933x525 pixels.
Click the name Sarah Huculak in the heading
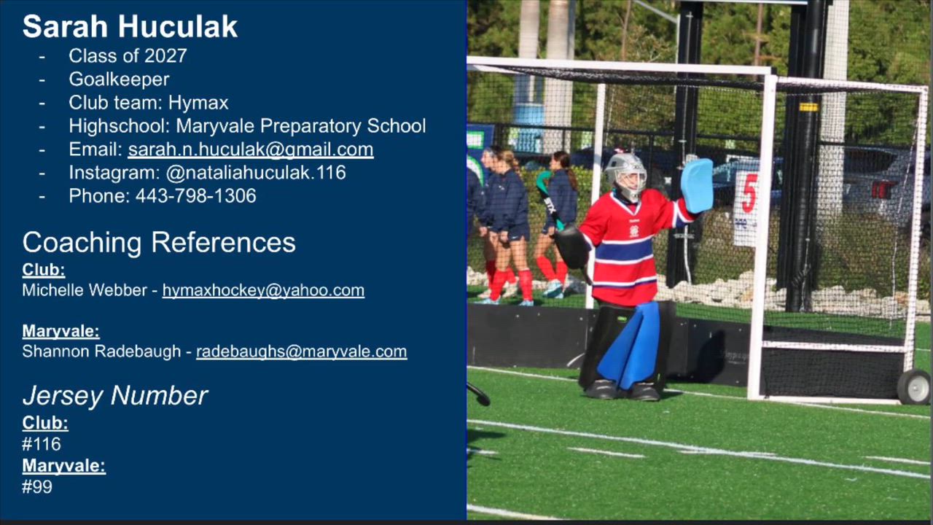(130, 27)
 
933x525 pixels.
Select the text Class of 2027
(128, 56)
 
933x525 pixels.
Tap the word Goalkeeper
(119, 79)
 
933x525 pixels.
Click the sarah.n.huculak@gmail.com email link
(251, 149)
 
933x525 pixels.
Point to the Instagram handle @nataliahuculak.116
(256, 173)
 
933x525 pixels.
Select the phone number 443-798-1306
(196, 196)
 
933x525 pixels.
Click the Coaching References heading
(159, 242)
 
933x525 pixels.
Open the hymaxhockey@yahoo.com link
(263, 290)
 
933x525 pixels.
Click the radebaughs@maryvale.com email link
(302, 351)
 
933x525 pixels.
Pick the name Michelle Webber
(85, 290)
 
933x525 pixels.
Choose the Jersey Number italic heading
(115, 395)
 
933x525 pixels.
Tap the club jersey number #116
(42, 444)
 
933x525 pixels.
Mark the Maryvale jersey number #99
(37, 486)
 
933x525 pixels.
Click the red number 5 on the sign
(749, 193)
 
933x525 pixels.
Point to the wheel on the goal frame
(914, 386)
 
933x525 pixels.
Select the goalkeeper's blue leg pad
(631, 346)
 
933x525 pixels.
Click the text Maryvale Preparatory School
(301, 126)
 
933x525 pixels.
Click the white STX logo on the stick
(550, 205)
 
